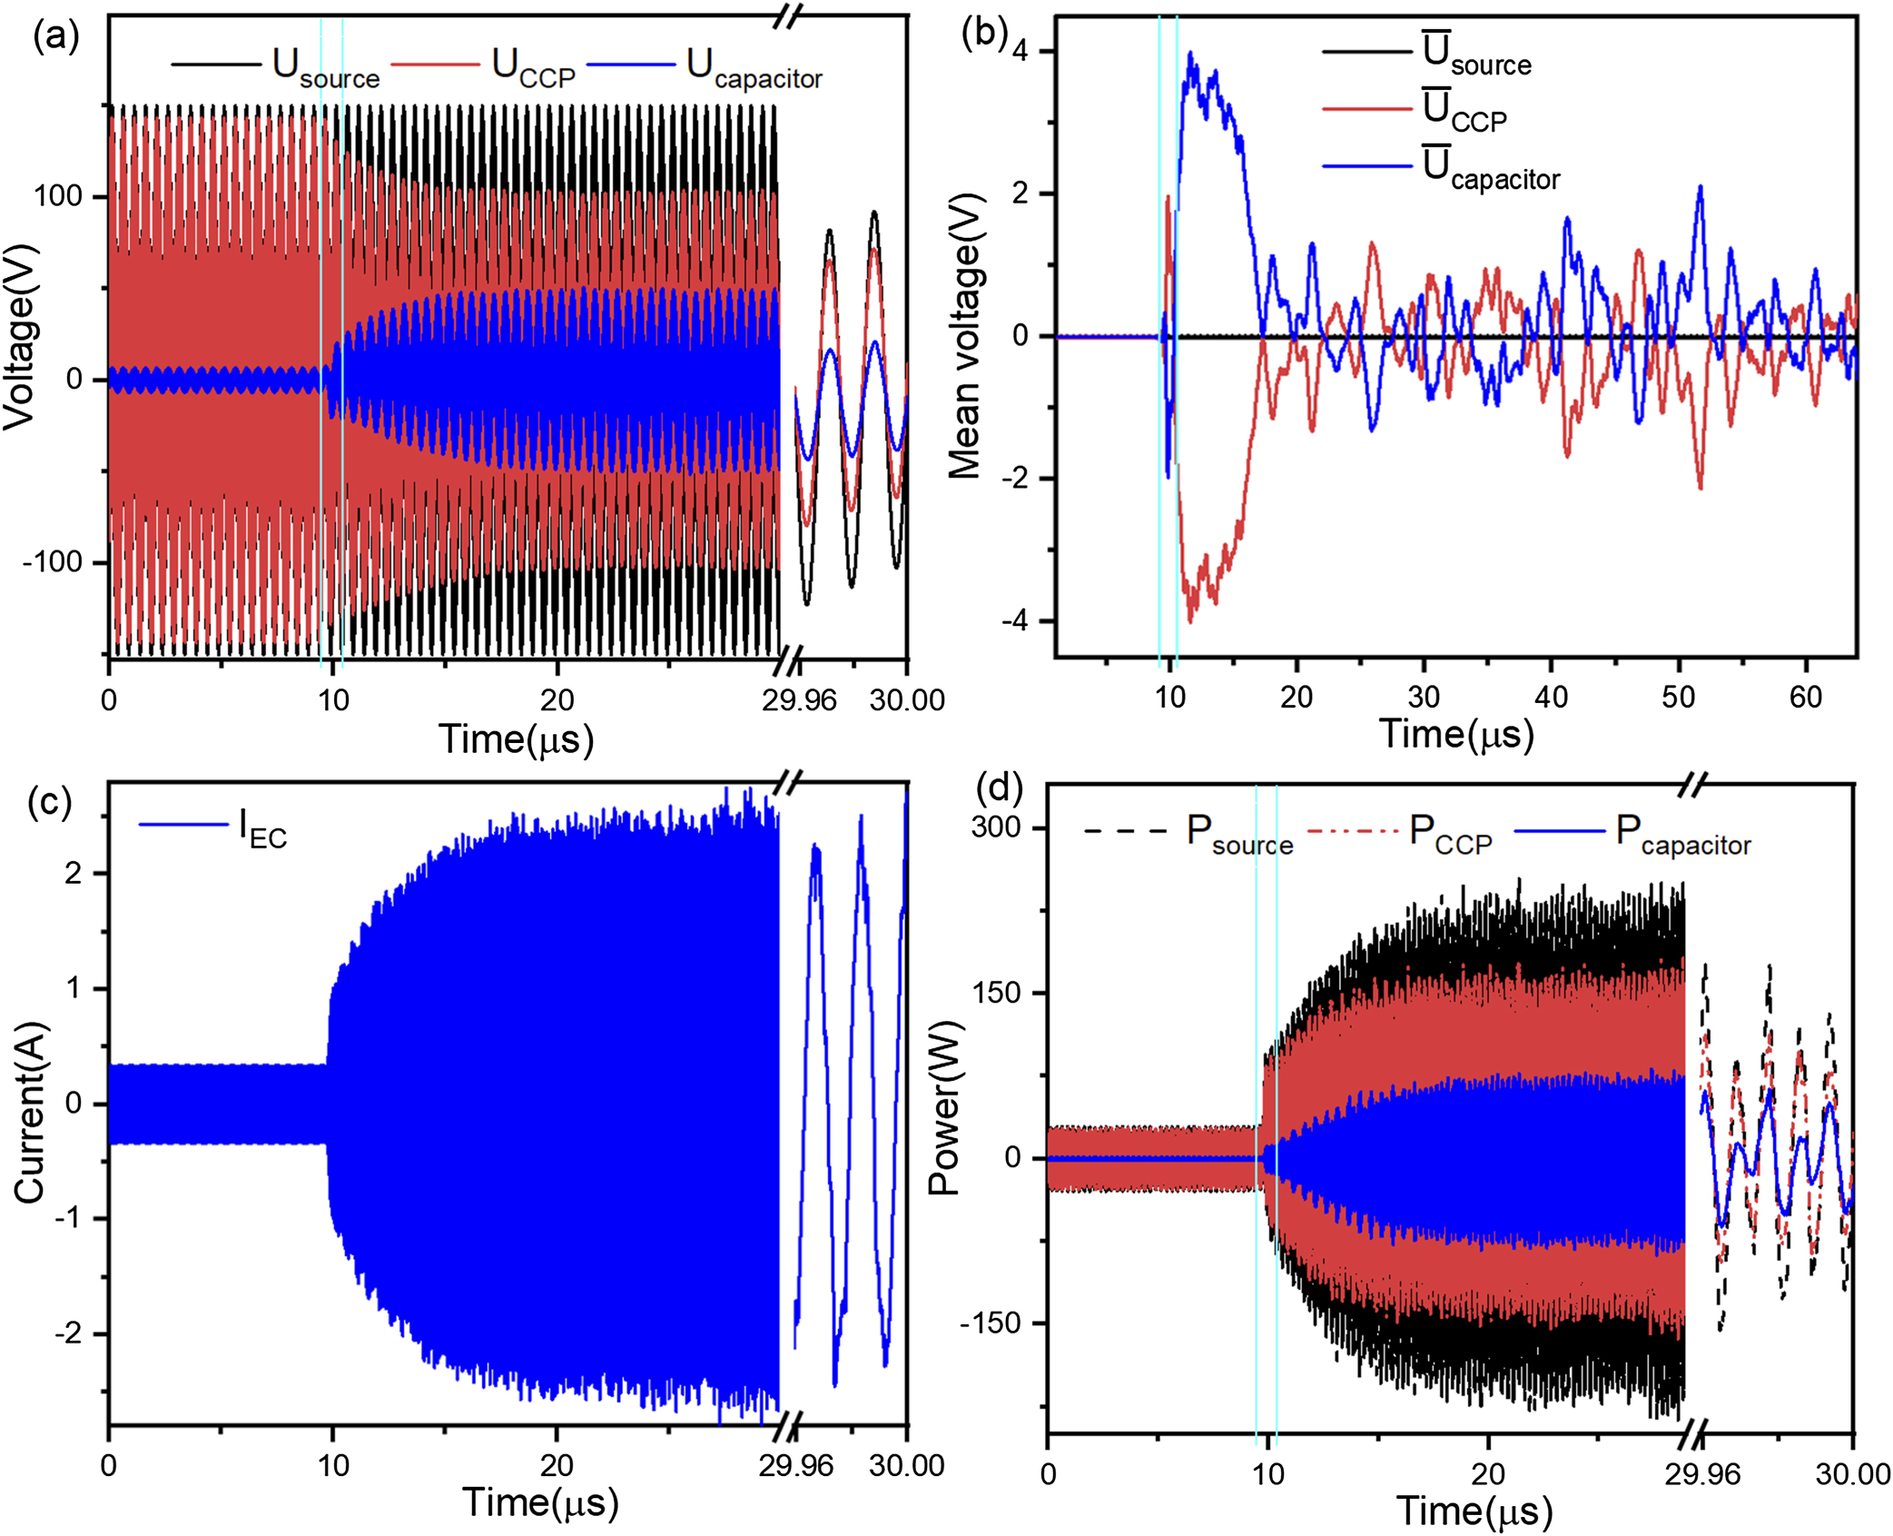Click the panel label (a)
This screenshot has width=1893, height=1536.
click(x=56, y=36)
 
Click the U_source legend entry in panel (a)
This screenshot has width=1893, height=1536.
click(x=325, y=67)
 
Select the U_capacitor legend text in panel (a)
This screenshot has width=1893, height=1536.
click(x=754, y=67)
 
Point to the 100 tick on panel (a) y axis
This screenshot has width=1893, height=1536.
click(x=58, y=195)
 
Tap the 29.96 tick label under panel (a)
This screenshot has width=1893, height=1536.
click(x=799, y=699)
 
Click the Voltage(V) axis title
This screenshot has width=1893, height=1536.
click(x=20, y=336)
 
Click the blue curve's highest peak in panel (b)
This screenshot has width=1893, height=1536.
click(x=1190, y=55)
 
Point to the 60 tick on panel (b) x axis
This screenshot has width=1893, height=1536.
click(x=1805, y=697)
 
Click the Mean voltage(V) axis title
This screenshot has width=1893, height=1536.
click(x=965, y=336)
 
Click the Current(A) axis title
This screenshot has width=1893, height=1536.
click(x=29, y=1113)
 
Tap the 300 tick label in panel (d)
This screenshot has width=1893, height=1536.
click(x=996, y=827)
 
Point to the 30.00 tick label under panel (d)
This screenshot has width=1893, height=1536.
click(x=1852, y=1472)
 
